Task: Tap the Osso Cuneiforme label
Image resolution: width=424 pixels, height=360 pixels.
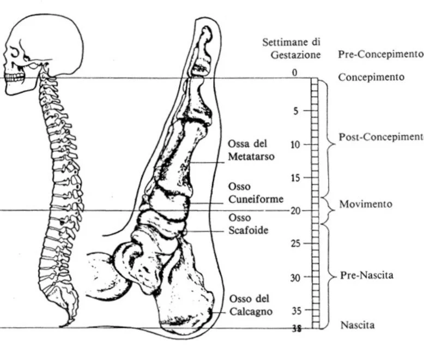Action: point(256,193)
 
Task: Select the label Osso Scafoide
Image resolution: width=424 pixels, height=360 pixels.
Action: point(248,224)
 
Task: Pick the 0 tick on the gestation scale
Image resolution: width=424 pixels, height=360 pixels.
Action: point(295,73)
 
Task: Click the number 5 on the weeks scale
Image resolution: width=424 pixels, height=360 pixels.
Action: point(296,111)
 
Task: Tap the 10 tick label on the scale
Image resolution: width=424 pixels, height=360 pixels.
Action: point(295,145)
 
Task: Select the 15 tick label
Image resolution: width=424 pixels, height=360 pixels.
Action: point(295,178)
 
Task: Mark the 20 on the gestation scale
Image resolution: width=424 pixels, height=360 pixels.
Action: point(295,211)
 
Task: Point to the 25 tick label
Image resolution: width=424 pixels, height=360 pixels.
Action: point(295,243)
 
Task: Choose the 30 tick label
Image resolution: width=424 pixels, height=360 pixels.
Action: point(295,278)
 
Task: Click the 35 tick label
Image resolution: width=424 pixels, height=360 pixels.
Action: point(295,311)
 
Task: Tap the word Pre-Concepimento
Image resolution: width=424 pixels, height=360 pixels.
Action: point(380,55)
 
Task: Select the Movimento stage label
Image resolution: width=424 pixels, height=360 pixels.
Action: point(365,204)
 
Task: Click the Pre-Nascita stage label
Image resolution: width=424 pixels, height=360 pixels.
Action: point(366,275)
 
